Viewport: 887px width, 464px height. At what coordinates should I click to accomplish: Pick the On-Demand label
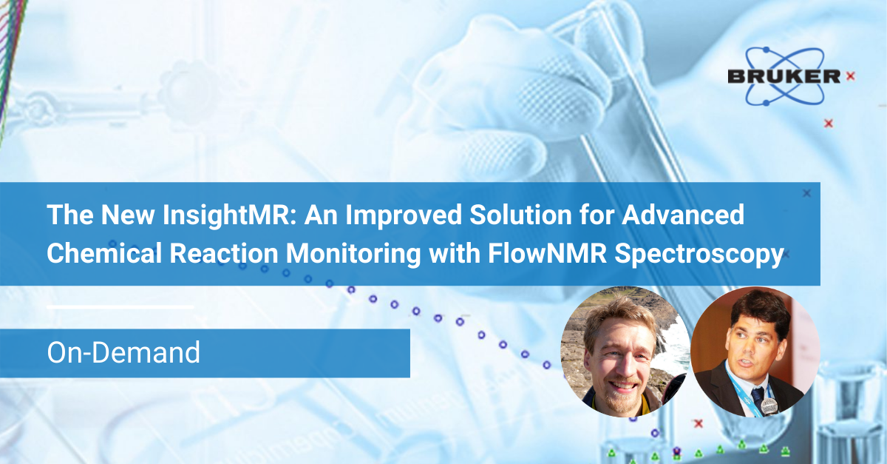tap(123, 352)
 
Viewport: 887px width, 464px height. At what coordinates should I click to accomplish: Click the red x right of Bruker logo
tap(851, 75)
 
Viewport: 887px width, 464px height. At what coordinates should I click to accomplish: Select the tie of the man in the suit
tap(757, 395)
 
